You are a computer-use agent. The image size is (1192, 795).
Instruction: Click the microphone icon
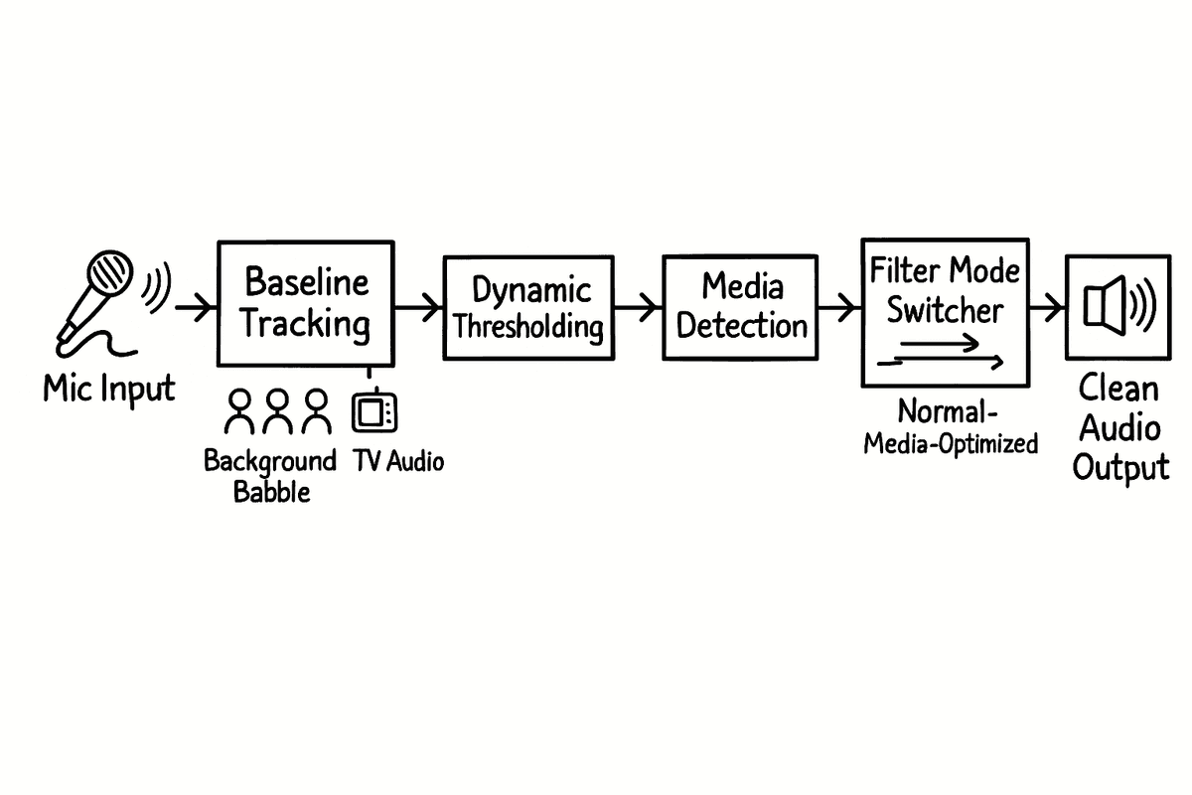coord(99,293)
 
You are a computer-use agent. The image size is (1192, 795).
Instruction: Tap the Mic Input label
coord(108,389)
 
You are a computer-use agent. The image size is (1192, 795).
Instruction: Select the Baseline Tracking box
coord(305,303)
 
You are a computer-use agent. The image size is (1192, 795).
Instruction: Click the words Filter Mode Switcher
coord(945,289)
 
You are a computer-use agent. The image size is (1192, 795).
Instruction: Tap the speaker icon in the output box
coord(1117,305)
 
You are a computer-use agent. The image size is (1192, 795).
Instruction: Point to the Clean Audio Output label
coord(1120,428)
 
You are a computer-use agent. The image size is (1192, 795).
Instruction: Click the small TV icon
coord(375,411)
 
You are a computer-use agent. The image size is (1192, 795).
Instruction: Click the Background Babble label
coord(270,476)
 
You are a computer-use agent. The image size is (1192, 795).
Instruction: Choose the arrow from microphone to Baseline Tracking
coord(195,307)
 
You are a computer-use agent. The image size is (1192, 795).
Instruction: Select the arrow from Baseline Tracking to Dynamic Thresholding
coord(417,307)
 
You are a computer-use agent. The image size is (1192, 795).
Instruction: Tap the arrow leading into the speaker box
coord(1046,307)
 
